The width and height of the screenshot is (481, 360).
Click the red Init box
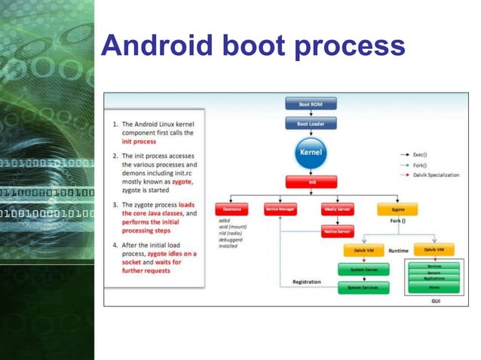tap(311, 182)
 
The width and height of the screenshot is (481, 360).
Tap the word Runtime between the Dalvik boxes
tap(398, 250)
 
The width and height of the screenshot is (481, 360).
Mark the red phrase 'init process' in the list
tap(140, 141)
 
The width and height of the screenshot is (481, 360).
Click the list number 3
tap(115, 205)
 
